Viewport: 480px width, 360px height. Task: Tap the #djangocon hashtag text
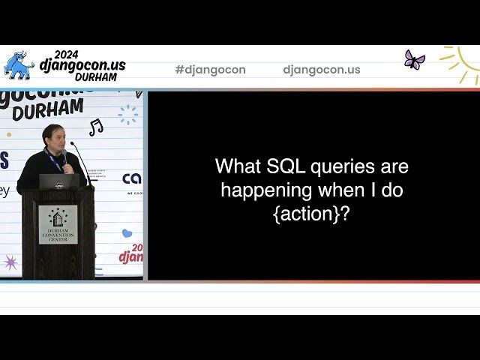pyautogui.click(x=210, y=70)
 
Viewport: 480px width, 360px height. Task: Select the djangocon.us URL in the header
pyautogui.click(x=322, y=70)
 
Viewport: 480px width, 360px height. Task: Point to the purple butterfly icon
pyautogui.click(x=414, y=60)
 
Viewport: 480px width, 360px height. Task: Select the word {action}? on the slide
pyautogui.click(x=312, y=214)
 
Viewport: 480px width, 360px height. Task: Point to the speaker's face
pyautogui.click(x=58, y=139)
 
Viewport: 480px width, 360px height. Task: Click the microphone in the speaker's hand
pyautogui.click(x=64, y=157)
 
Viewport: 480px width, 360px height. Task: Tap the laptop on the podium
pyautogui.click(x=59, y=181)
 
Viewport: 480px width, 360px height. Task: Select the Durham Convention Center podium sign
pyautogui.click(x=58, y=224)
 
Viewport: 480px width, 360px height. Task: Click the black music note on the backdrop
pyautogui.click(x=96, y=127)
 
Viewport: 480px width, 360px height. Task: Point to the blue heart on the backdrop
pyautogui.click(x=127, y=233)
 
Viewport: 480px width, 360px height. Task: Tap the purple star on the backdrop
pyautogui.click(x=11, y=262)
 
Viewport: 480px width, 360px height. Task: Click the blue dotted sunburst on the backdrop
pyautogui.click(x=128, y=114)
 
